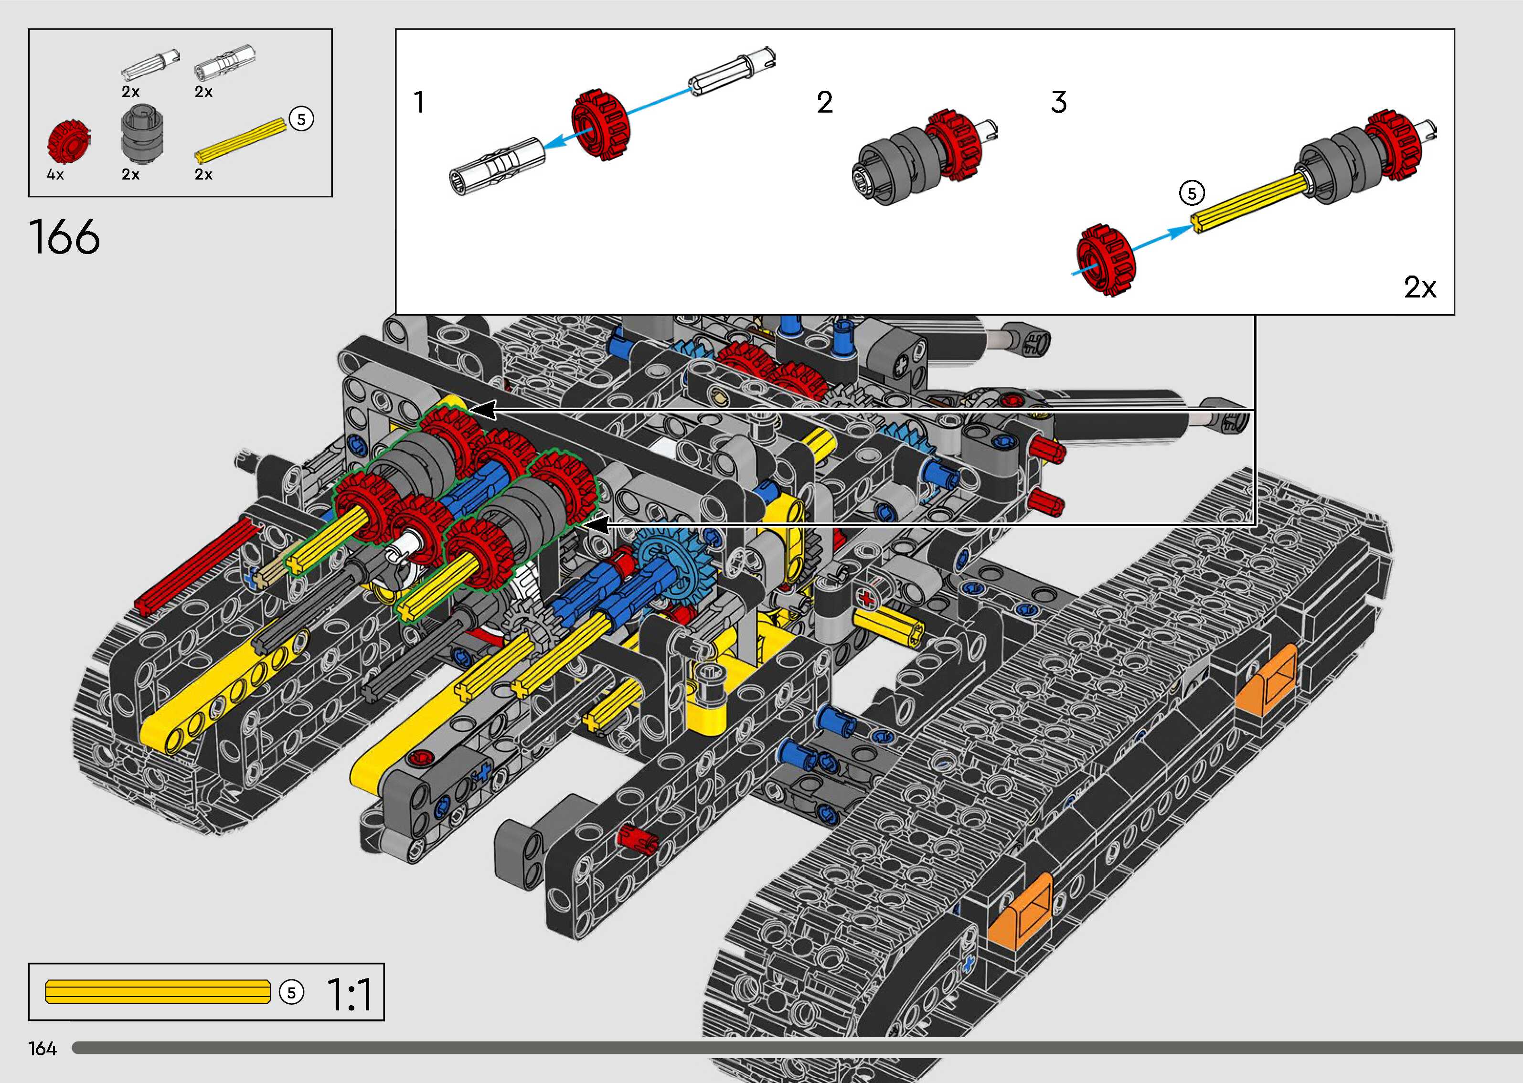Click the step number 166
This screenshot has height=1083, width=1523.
64,237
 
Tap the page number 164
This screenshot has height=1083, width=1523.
43,1049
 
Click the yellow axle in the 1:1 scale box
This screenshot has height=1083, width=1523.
158,992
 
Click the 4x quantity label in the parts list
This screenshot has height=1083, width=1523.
55,175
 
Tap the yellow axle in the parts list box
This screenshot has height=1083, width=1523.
240,139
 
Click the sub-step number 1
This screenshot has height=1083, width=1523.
419,103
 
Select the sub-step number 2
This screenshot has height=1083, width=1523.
825,103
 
